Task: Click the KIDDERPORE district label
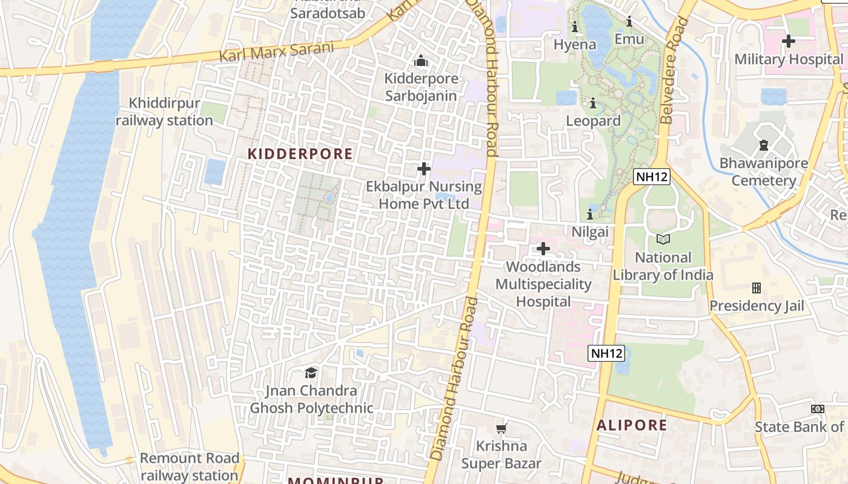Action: click(300, 154)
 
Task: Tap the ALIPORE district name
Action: click(632, 425)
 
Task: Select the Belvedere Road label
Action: click(675, 70)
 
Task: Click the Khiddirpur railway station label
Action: click(164, 112)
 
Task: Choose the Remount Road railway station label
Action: click(189, 466)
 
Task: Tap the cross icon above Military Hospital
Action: click(788, 41)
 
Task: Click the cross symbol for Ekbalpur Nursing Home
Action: click(423, 169)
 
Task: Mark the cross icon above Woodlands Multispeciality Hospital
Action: click(543, 248)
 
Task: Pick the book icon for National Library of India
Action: click(663, 239)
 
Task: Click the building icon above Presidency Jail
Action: click(756, 287)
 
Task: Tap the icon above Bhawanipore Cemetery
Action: click(763, 145)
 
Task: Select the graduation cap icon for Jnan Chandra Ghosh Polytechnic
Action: click(311, 372)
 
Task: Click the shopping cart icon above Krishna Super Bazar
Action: click(501, 428)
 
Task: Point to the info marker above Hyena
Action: click(574, 27)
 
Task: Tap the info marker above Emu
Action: click(629, 22)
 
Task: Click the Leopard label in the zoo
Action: click(593, 121)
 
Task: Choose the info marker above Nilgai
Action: click(590, 214)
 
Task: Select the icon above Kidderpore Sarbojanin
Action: click(421, 60)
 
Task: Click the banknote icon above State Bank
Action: click(818, 409)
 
